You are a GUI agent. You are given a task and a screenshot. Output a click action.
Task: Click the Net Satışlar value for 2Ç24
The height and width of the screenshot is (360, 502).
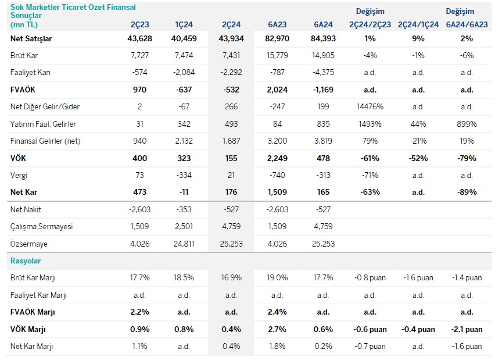pos(232,39)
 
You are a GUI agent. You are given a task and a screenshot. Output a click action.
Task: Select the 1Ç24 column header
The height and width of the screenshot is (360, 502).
pos(184,24)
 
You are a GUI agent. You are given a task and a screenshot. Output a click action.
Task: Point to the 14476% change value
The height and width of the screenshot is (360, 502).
pos(370,107)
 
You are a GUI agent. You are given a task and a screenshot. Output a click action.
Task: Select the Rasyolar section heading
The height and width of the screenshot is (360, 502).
pos(26,261)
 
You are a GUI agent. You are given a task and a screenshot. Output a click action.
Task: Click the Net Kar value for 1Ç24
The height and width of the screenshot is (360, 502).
pos(184,192)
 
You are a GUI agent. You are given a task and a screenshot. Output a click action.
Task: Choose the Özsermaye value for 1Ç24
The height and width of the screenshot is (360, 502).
pos(184,244)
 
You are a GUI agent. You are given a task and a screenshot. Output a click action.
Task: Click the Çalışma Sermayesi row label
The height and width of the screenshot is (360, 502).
pos(37,226)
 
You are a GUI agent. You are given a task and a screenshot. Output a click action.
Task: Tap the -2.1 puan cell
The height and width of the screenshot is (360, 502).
pos(467,329)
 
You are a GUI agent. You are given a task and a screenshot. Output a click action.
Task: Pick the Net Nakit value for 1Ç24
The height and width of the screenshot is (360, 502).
pos(184,209)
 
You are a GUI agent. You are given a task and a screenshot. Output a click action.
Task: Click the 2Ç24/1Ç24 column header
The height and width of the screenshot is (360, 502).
pos(418,24)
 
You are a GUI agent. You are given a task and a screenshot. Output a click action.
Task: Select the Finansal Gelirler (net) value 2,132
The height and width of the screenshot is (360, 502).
pos(184,141)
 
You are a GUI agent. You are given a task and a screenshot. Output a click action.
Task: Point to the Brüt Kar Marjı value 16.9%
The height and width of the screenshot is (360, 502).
pos(232,278)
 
